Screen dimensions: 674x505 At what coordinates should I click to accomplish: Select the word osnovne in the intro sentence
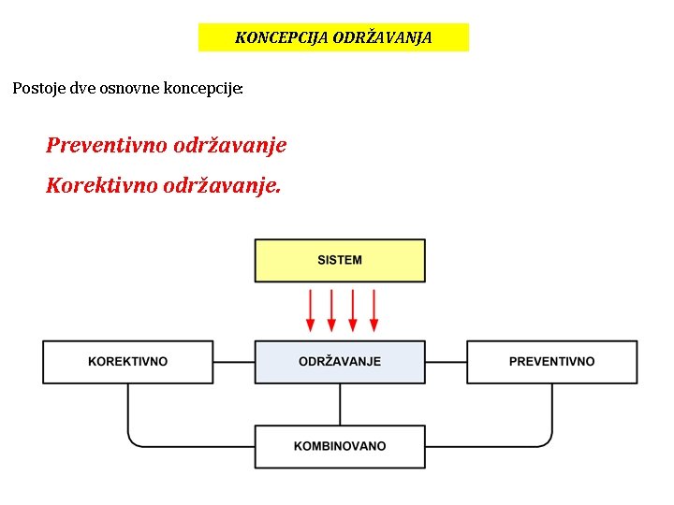point(131,90)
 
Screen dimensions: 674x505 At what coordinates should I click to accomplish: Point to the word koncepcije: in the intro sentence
point(203,90)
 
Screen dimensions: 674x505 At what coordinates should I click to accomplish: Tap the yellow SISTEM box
point(340,260)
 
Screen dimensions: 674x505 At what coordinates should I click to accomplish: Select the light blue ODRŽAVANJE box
point(340,362)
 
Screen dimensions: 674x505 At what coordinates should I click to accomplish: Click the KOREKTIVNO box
point(127,362)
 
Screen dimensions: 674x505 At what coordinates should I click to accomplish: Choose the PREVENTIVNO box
point(551,362)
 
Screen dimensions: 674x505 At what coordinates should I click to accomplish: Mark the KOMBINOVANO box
point(340,446)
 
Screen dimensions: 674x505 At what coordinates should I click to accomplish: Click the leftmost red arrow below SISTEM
point(311,310)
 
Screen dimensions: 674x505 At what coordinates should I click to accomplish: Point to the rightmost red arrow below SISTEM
point(374,310)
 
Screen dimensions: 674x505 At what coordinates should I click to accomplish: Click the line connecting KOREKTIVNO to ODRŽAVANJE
point(234,362)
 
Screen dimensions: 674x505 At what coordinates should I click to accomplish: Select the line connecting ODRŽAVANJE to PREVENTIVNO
point(446,362)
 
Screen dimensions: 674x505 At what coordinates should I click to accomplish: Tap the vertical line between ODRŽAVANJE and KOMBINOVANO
point(340,404)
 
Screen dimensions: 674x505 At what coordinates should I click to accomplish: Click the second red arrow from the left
point(331,310)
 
